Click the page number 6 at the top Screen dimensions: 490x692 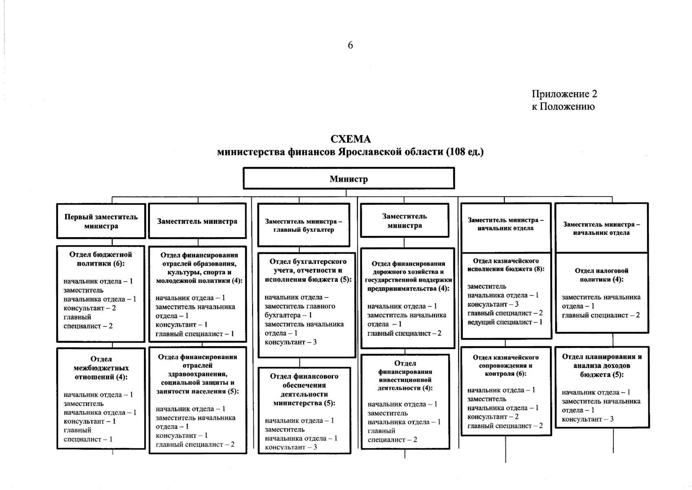[x=350, y=45]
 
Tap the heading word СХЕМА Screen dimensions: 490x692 [x=350, y=140]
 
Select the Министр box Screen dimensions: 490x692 [x=348, y=179]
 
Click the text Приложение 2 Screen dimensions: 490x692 [x=564, y=94]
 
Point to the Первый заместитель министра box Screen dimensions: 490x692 [x=101, y=221]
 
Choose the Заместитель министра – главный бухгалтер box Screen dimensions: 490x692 [x=304, y=225]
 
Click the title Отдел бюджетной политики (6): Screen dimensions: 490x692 [x=101, y=259]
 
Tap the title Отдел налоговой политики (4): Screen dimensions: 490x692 [x=601, y=275]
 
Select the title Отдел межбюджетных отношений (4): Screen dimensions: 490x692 [x=101, y=368]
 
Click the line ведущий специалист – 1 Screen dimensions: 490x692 [x=505, y=322]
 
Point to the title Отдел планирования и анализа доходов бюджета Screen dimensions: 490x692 [x=602, y=365]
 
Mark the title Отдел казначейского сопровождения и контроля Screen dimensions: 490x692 [x=506, y=365]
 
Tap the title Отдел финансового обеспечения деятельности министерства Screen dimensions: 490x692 [x=304, y=390]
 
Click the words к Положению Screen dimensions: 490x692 [x=563, y=107]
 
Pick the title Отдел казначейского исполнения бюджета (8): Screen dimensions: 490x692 [x=506, y=265]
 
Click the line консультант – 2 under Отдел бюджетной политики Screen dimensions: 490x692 [x=90, y=308]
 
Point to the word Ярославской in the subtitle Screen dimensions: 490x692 [x=370, y=152]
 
